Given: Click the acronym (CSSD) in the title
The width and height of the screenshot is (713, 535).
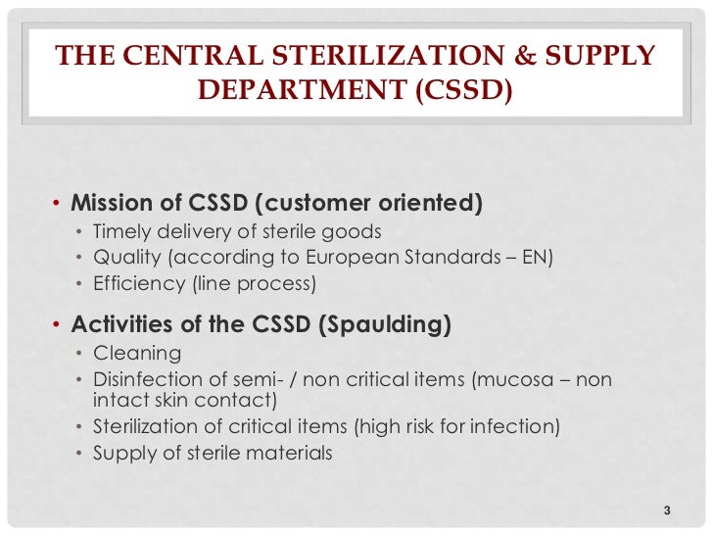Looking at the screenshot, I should pos(460,90).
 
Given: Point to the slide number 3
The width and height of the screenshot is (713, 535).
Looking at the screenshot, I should pos(666,510).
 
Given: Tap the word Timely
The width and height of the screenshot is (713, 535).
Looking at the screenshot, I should pos(120,232).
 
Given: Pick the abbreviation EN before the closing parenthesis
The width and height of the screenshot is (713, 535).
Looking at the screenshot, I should pos(541,258).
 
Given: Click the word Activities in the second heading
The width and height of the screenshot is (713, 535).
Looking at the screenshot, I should pos(118,325).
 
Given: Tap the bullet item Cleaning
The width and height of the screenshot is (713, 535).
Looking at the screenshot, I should pos(137,353).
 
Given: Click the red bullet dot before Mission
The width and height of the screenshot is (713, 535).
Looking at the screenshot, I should pos(56,205).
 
